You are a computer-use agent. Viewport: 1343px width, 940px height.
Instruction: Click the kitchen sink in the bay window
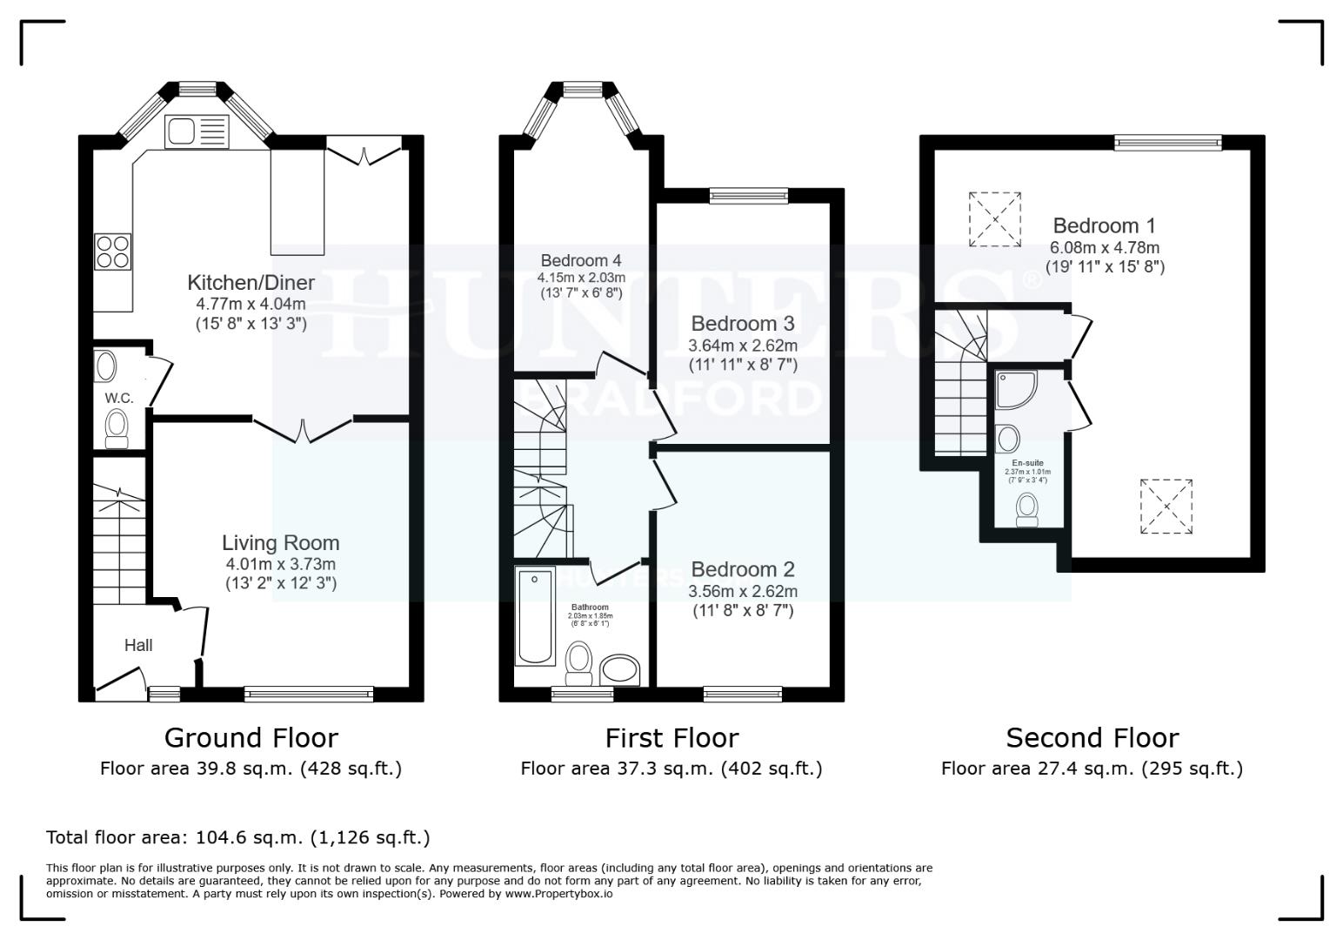pos(196,131)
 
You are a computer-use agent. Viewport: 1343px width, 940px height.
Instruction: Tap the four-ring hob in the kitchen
pos(113,252)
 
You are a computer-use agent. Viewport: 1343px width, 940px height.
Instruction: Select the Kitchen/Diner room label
pos(251,283)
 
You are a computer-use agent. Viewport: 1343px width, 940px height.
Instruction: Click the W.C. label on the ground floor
pos(119,398)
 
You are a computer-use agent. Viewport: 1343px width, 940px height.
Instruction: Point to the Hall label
pos(138,645)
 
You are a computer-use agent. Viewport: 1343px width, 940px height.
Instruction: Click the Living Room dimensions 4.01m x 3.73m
pos(279,564)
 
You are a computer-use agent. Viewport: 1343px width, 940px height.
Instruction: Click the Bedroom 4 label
pos(580,260)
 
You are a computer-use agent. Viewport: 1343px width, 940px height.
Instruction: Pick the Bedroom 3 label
pos(742,324)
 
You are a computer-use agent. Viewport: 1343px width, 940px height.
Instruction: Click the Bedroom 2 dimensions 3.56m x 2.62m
pos(742,591)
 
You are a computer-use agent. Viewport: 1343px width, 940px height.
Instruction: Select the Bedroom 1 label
pos(1104,226)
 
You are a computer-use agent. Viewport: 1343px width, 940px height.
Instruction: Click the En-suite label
pos(1027,463)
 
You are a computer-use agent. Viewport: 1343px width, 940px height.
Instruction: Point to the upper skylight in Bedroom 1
pos(995,219)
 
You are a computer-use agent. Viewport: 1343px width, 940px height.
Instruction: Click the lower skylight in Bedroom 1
pos(1166,506)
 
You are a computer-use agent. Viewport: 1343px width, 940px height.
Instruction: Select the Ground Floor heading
pos(251,738)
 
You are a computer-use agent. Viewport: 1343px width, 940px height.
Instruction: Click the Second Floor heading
pos(1092,738)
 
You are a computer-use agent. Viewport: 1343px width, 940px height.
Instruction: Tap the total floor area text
pos(237,837)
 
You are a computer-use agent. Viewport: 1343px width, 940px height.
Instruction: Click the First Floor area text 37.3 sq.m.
pos(671,769)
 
